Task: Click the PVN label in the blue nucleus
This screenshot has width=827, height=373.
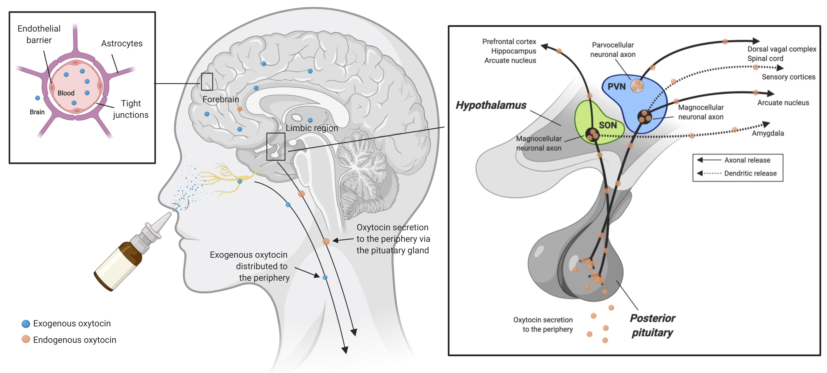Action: [616, 86]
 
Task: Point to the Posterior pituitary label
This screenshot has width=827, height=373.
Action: [652, 325]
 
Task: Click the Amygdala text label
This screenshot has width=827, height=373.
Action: [768, 133]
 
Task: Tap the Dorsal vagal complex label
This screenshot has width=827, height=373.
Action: [781, 49]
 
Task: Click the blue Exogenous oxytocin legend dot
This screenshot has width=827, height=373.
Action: [26, 324]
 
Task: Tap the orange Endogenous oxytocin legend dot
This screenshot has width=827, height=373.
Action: [26, 339]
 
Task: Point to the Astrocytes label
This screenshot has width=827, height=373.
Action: [122, 43]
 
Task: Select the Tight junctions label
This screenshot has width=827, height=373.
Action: [131, 109]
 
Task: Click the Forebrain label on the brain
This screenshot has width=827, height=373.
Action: [221, 99]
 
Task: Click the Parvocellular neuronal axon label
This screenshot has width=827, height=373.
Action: [613, 50]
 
